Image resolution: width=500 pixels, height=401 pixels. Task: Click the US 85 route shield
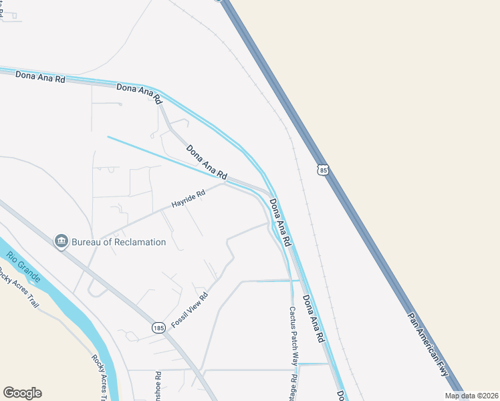(x=324, y=170)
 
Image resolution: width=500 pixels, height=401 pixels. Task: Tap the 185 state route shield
(x=158, y=327)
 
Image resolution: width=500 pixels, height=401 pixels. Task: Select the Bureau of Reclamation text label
(x=118, y=242)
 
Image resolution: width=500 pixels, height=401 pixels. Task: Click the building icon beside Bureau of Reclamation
(x=61, y=241)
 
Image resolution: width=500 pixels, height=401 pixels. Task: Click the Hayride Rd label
(x=188, y=197)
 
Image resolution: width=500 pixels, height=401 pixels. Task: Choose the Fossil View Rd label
(x=190, y=310)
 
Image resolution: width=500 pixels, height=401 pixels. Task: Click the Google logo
(x=22, y=393)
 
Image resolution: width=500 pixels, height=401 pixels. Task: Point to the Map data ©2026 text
(x=471, y=396)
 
